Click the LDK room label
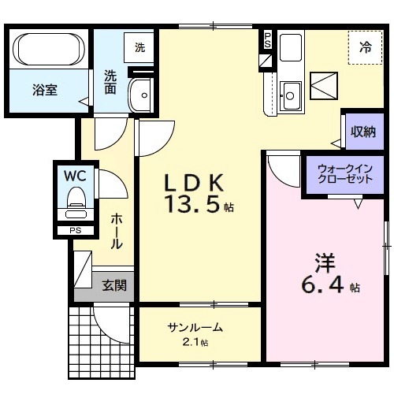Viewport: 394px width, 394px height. (x=195, y=183)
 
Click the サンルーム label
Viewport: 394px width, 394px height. (x=194, y=328)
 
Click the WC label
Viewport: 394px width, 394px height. (x=76, y=174)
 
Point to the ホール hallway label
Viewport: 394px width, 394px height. (x=116, y=231)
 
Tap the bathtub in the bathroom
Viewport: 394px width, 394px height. (x=50, y=50)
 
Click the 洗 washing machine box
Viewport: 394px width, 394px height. (x=139, y=47)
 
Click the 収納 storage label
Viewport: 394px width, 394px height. (x=363, y=132)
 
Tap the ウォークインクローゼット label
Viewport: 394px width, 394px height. (x=345, y=174)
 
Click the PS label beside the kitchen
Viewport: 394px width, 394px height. (x=267, y=39)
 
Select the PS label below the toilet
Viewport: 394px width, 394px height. (x=75, y=231)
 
